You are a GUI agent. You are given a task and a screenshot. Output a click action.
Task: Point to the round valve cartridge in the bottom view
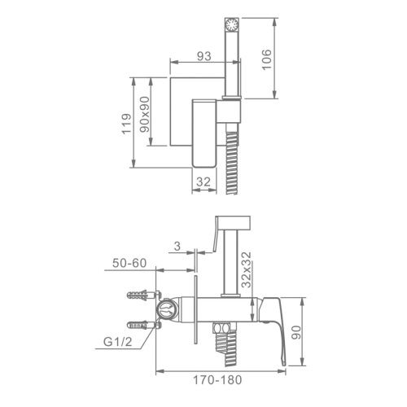tap(167, 309)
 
